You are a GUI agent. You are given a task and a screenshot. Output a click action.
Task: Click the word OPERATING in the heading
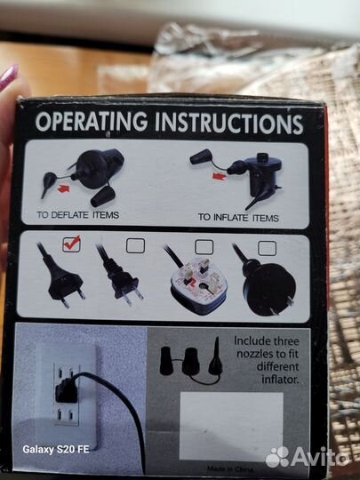92,122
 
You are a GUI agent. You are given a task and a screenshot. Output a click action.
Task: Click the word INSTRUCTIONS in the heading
229,124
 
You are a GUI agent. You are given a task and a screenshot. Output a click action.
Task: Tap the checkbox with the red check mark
72,244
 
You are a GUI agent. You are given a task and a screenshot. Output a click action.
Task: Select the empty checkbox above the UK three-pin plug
204,247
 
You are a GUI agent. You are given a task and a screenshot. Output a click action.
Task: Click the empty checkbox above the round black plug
267,248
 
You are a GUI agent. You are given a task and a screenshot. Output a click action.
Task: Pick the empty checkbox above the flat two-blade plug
135,245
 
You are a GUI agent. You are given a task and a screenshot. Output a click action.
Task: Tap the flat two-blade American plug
120,276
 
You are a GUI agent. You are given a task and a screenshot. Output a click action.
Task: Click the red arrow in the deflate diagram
64,188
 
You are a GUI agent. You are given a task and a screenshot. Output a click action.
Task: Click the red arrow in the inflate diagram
220,176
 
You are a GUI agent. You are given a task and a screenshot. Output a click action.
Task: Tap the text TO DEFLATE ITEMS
77,215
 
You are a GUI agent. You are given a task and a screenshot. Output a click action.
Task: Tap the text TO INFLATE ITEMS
238,218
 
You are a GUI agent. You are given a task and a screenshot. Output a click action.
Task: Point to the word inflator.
280,380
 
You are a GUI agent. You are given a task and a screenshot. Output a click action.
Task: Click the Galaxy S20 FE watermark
56,450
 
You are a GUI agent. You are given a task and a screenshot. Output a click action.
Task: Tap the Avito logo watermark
308,457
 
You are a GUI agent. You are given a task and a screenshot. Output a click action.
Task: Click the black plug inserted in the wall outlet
66,390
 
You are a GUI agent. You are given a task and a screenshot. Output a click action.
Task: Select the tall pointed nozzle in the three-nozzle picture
215,356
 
